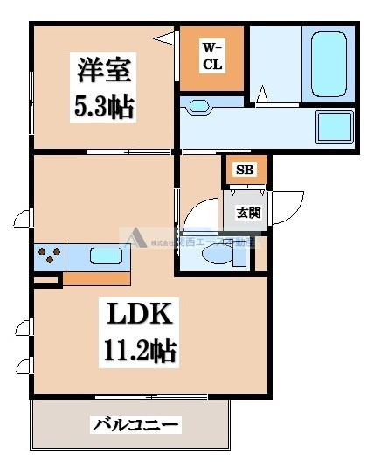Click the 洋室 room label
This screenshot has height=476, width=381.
98,69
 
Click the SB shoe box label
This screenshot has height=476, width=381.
245,170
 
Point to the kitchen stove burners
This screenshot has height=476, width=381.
49,256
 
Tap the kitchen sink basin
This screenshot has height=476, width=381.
106,257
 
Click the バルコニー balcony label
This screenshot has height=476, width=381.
135,426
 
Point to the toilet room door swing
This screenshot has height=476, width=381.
201,214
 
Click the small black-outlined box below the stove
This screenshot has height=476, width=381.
47,281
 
